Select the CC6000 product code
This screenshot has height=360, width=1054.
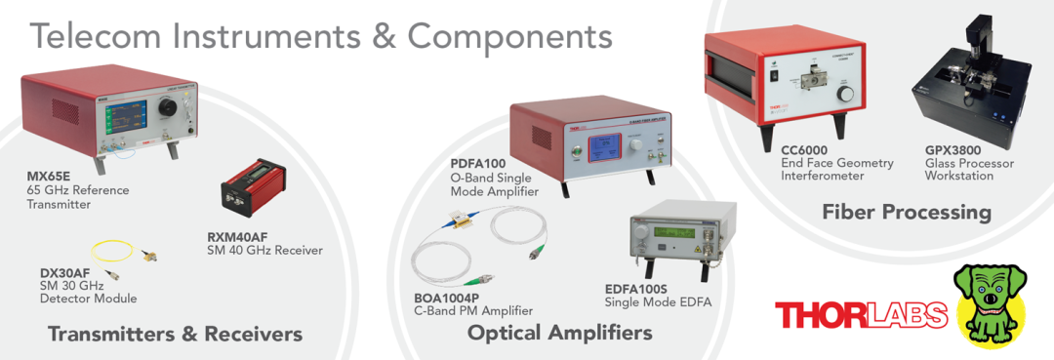tap(804, 149)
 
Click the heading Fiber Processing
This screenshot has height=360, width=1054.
tap(906, 213)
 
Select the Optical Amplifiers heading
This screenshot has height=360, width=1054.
tap(559, 333)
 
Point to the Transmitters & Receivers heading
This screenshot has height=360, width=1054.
tap(175, 333)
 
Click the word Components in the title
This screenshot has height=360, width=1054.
tap(508, 38)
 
